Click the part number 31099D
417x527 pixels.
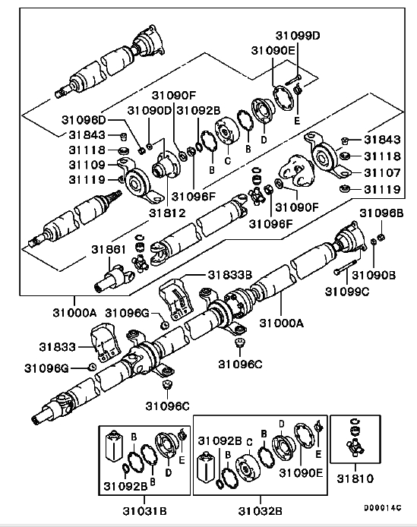(298, 36)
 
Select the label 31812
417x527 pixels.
(167, 213)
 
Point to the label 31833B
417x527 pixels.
(230, 275)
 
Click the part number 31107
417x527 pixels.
(382, 172)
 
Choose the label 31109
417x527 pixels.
(87, 165)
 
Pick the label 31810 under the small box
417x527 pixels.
(355, 478)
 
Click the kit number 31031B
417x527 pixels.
(144, 511)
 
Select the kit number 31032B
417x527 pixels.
(261, 511)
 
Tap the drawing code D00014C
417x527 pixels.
(382, 507)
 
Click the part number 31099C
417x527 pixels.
(346, 292)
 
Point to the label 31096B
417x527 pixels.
(381, 213)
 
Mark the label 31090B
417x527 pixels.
(374, 275)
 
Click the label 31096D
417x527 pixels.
(84, 119)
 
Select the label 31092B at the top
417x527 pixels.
(198, 110)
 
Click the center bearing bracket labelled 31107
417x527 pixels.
(326, 155)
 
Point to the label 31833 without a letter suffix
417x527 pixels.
(58, 347)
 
